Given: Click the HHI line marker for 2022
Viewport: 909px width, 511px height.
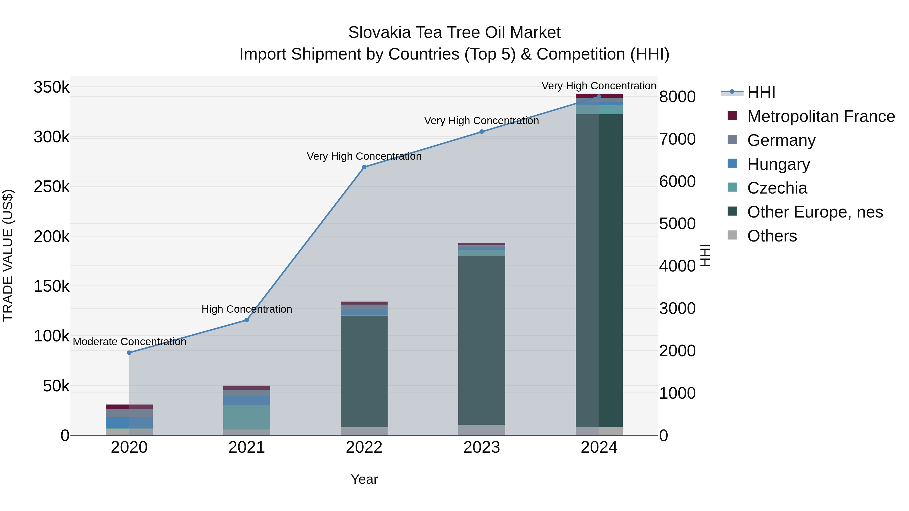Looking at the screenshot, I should point(364,167).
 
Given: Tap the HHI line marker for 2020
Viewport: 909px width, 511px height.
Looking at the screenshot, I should point(129,353).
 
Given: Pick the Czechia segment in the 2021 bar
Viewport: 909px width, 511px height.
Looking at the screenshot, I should point(247,417).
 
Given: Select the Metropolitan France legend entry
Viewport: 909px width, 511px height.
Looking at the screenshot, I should point(821,116).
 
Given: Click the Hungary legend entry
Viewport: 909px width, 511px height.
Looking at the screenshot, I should point(778,164).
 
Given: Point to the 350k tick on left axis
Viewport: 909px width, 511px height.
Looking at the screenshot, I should point(52,87).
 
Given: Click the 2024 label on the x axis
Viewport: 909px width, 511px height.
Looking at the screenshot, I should point(599,447).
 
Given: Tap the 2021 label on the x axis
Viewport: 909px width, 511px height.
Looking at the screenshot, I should point(247,447).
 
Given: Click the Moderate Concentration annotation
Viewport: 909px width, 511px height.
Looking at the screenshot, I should point(130,342).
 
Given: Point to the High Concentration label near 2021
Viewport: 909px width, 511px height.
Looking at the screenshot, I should point(247,309).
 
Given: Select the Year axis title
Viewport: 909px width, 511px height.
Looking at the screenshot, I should point(364,479).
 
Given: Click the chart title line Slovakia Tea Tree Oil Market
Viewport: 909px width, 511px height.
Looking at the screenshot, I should point(454,33).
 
